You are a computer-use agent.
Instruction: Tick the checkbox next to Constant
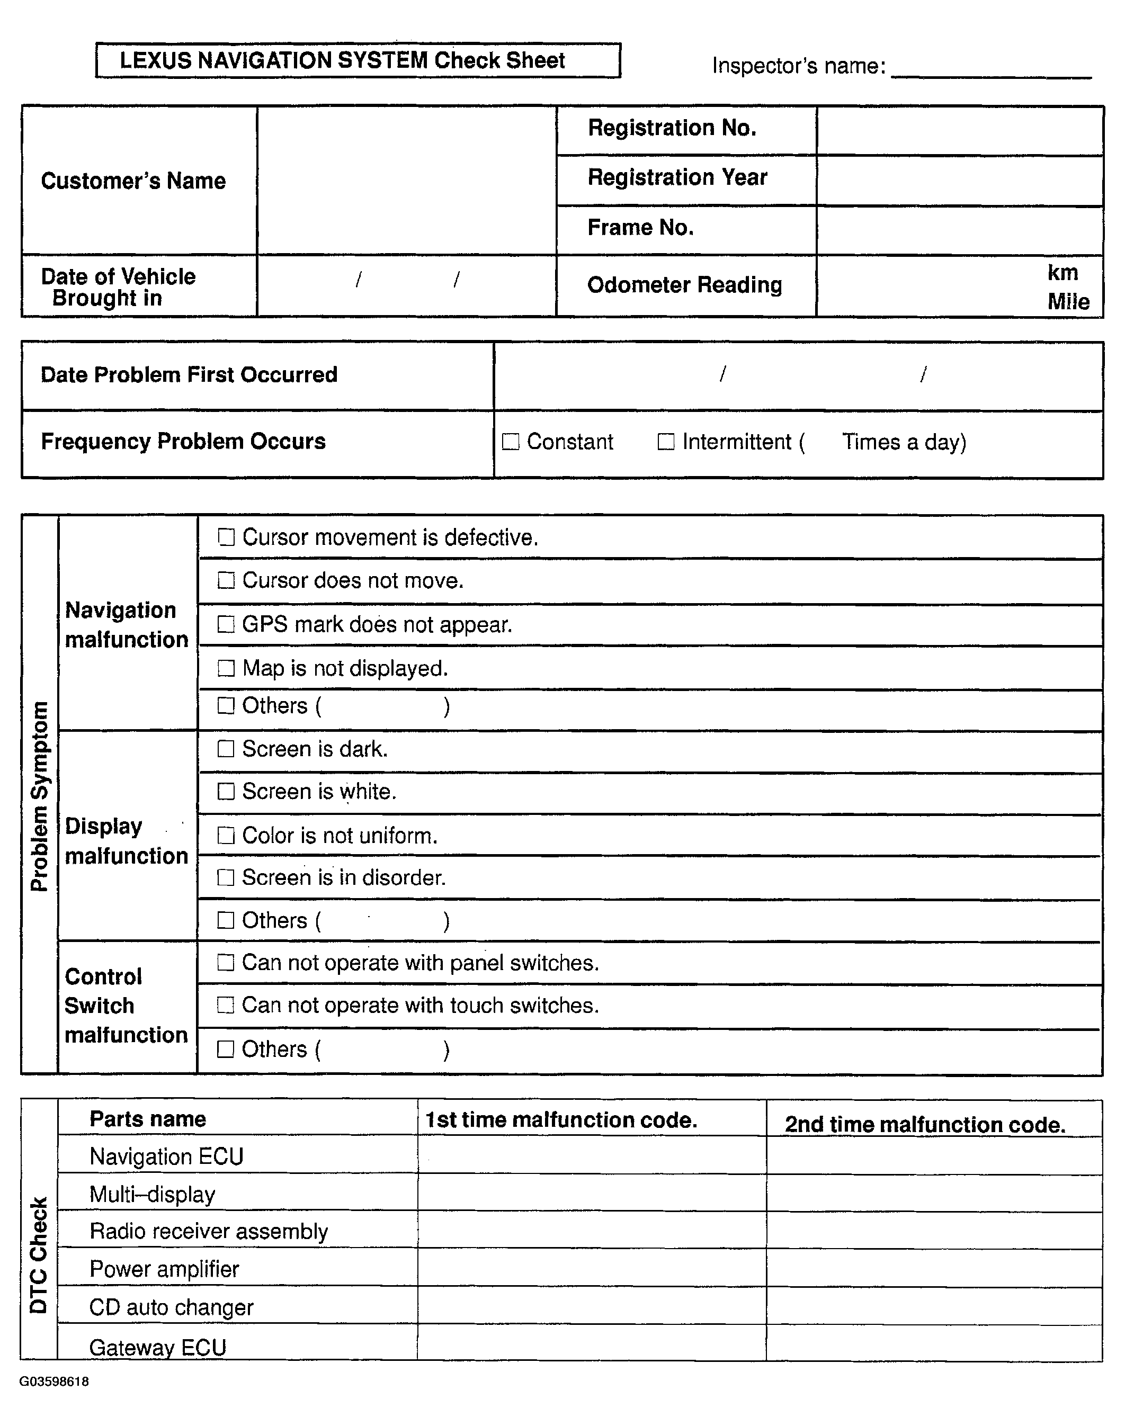511,442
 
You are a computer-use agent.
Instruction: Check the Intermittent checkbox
666,442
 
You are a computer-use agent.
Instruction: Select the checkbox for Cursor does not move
226,581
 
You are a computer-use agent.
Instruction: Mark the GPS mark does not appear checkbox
226,624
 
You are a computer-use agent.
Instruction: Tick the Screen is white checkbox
226,791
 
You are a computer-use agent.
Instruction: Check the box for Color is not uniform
226,836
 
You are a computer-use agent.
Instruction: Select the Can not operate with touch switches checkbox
226,1006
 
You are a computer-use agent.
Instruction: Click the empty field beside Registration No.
959,130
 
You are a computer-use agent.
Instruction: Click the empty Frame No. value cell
959,230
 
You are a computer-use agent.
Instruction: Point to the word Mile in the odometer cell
1068,301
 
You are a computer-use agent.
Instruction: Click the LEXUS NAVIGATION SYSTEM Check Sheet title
343,60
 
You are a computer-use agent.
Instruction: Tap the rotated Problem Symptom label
40,796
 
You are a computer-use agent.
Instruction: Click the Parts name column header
148,1119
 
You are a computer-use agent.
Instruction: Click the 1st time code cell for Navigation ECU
592,1156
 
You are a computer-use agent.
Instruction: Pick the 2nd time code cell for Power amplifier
934,1269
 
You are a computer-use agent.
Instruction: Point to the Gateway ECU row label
157,1348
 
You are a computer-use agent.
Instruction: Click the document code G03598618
54,1381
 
